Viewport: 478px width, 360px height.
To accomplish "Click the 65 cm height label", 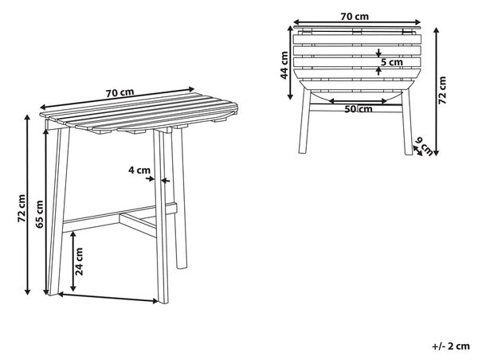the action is coord(40,214).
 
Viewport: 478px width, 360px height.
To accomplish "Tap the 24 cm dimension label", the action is coord(79,261).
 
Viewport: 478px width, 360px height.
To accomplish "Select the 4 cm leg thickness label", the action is coord(139,170).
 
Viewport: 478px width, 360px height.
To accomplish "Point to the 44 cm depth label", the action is coord(284,65).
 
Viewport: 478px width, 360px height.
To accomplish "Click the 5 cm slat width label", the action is coord(392,62).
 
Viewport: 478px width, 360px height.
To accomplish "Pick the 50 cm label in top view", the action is coord(358,109).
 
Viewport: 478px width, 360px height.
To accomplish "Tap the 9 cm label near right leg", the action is coord(425,147).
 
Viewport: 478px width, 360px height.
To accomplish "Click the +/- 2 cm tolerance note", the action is coord(451,346).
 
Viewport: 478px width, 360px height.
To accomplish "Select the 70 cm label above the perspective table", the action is coord(119,92).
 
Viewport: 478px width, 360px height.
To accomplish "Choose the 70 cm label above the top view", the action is coord(355,16).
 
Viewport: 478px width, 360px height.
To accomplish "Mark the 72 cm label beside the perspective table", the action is coord(22,208).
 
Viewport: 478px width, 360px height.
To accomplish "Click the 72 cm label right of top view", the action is coord(442,90).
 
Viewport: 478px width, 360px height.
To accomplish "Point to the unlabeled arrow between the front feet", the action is coord(108,298).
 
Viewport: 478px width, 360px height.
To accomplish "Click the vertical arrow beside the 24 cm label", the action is coord(73,261).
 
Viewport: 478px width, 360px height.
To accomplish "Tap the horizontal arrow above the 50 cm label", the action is coord(358,101).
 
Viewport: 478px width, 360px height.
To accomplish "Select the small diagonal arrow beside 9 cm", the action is coord(417,151).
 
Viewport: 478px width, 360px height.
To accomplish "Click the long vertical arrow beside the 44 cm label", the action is coord(290,62).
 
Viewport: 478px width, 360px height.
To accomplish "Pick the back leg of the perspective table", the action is coord(179,198).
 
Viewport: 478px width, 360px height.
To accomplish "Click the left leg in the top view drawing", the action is coord(304,121).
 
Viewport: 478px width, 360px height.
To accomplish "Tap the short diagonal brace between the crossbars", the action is coord(138,225).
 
